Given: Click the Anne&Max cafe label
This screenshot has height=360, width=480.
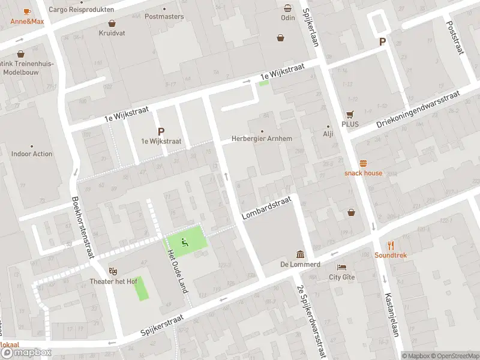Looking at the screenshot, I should (x=27, y=22).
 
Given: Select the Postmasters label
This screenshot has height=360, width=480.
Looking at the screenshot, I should (x=164, y=16).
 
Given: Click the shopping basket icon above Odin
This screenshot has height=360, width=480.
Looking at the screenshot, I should (x=288, y=8).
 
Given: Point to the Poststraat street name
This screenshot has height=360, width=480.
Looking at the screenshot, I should (x=455, y=36).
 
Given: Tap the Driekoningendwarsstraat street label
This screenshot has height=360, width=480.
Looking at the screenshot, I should (x=418, y=109).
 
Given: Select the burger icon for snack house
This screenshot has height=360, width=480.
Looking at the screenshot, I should (x=363, y=163).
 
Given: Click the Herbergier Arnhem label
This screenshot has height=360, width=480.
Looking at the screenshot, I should (x=262, y=139).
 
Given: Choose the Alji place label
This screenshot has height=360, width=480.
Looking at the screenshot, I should (x=328, y=134).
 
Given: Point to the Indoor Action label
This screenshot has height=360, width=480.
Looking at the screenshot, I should (x=32, y=154).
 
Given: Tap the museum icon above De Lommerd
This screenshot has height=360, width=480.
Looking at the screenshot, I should (x=299, y=254).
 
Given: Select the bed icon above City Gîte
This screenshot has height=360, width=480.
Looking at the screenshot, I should (x=342, y=267).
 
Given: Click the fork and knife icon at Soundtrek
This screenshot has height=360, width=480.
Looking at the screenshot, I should (x=391, y=245).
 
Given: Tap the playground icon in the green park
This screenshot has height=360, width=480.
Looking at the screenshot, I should (x=184, y=242).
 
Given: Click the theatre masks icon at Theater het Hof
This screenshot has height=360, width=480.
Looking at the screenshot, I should (x=112, y=272).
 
